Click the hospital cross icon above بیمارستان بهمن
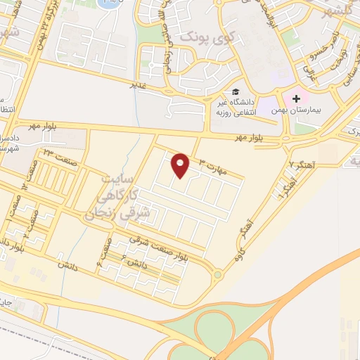pyautogui.click(x=296, y=99)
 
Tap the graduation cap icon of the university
pyautogui.click(x=236, y=92)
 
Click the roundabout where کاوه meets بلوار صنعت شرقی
pyautogui.click(x=218, y=275)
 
